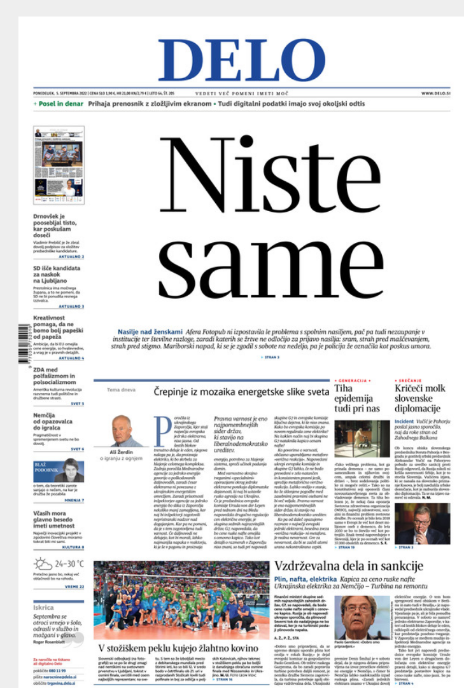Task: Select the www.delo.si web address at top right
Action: tap(435, 93)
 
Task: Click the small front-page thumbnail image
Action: tap(59, 162)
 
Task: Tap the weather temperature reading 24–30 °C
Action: tap(69, 563)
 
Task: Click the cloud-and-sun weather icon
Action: tap(43, 563)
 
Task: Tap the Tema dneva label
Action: tap(119, 390)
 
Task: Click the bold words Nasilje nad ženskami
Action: tap(150, 332)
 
